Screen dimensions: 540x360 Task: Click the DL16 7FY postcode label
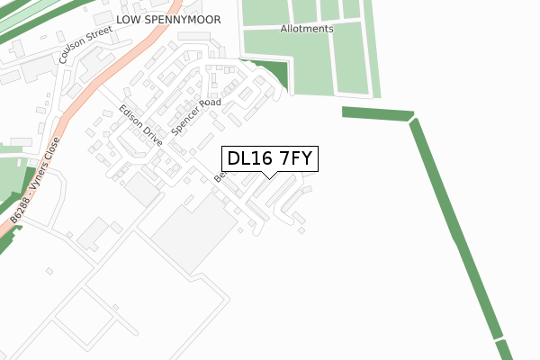[269, 159]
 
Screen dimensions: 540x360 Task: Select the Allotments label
[306, 29]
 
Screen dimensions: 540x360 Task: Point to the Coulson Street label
[85, 44]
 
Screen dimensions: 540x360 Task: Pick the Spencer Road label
[196, 116]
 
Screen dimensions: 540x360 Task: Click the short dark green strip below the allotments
[377, 113]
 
